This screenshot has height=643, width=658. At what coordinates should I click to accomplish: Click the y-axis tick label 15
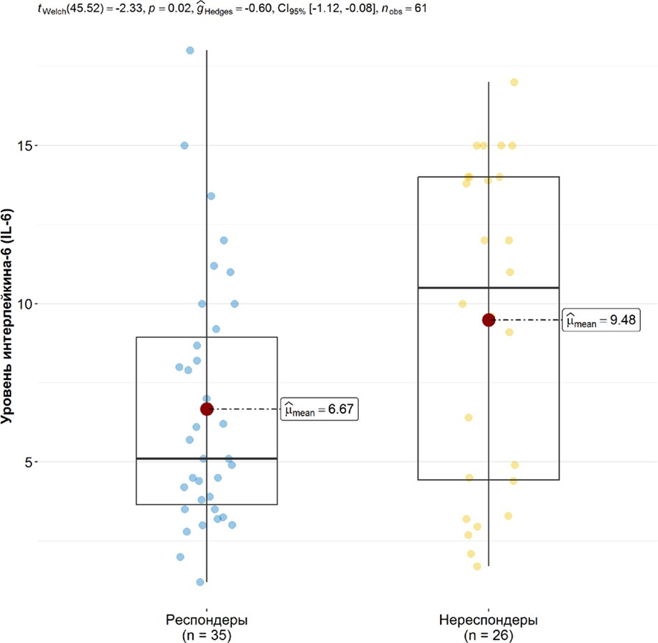(x=23, y=145)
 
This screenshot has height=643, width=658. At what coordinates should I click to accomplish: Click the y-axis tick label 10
(x=23, y=304)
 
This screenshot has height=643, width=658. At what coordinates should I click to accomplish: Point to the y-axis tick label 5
(x=27, y=462)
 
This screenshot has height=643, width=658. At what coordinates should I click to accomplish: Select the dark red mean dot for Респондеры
(x=207, y=409)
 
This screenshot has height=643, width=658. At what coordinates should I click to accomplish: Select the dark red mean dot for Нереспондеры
(x=489, y=320)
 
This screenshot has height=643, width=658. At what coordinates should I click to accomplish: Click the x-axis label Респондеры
(x=207, y=617)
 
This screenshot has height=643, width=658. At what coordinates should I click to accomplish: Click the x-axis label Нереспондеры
(x=489, y=617)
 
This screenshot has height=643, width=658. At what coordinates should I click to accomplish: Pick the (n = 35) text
(x=207, y=632)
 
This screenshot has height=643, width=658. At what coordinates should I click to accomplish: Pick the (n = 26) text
(x=489, y=632)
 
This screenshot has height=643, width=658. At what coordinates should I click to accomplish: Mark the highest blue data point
(x=190, y=51)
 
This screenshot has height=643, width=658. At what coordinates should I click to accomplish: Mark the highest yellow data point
(x=513, y=83)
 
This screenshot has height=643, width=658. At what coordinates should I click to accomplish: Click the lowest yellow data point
(x=477, y=567)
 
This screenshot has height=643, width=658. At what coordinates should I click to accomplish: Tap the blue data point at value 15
(x=184, y=145)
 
